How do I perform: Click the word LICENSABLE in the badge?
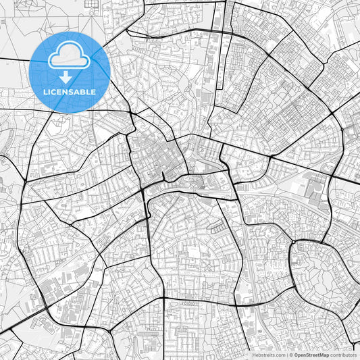click(x=70, y=92)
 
